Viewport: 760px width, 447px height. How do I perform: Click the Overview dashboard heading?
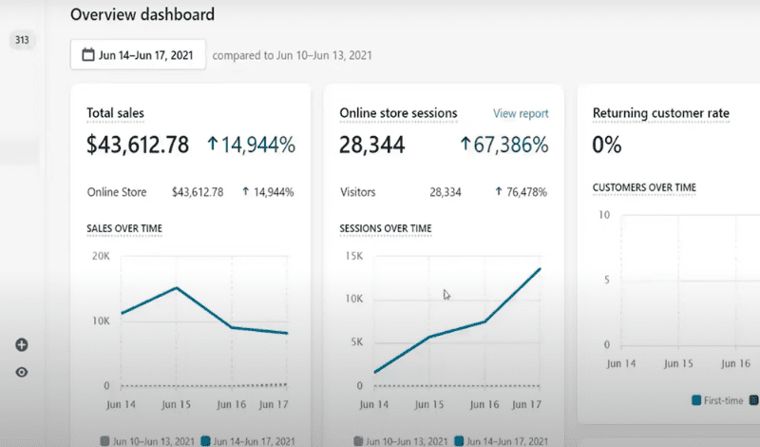point(142,14)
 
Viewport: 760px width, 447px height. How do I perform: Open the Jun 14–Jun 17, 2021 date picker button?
point(138,55)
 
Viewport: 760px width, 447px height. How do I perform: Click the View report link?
point(521,114)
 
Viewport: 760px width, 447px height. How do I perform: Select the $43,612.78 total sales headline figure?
point(139,146)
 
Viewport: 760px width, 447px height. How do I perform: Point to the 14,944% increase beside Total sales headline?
point(252,146)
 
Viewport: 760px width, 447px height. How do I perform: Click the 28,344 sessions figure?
point(372,146)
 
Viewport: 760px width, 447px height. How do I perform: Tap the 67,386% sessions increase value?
point(504,146)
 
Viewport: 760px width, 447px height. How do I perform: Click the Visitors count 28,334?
point(446,192)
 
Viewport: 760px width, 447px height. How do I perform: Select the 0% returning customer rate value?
point(607,146)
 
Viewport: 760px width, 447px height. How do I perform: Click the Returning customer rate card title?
point(661,114)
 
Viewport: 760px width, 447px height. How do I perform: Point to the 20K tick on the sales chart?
point(100,256)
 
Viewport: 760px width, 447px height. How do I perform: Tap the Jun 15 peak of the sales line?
point(176,287)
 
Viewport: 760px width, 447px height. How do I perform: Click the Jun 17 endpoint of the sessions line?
point(540,269)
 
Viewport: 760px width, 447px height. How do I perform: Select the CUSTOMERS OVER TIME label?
point(644,187)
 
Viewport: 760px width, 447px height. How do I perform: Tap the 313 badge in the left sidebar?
point(22,40)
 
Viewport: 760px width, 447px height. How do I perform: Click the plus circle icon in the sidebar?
point(22,345)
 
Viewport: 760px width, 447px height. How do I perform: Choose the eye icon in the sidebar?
point(22,372)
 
